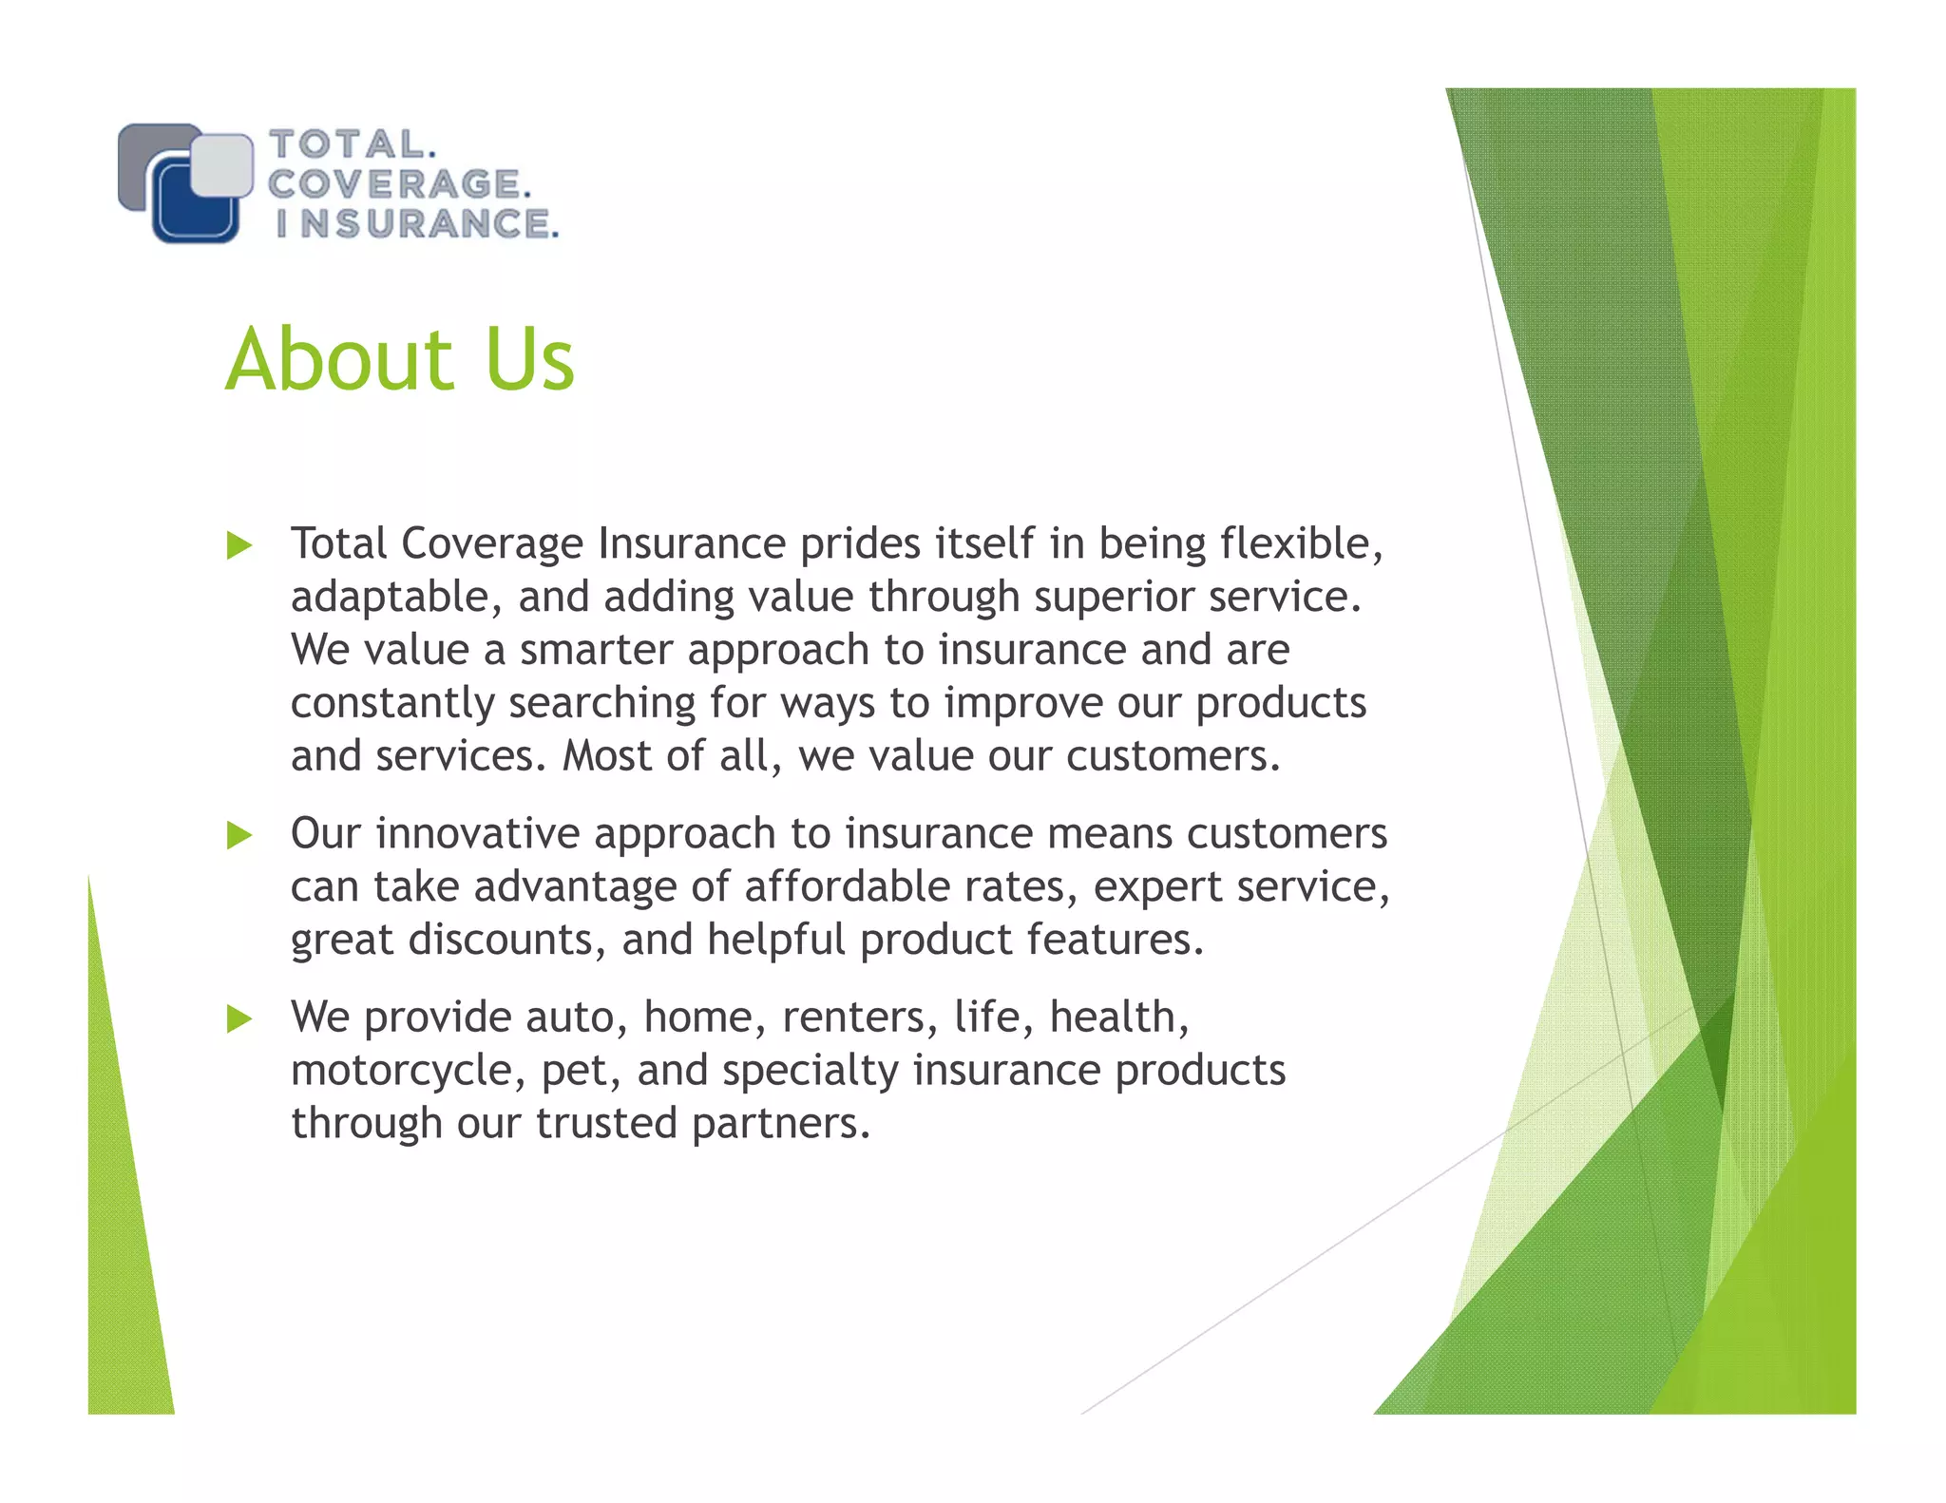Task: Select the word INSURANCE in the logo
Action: pos(416,224)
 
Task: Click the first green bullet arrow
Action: pos(239,546)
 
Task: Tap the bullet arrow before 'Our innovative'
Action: pos(239,836)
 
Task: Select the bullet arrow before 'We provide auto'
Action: pos(239,1019)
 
